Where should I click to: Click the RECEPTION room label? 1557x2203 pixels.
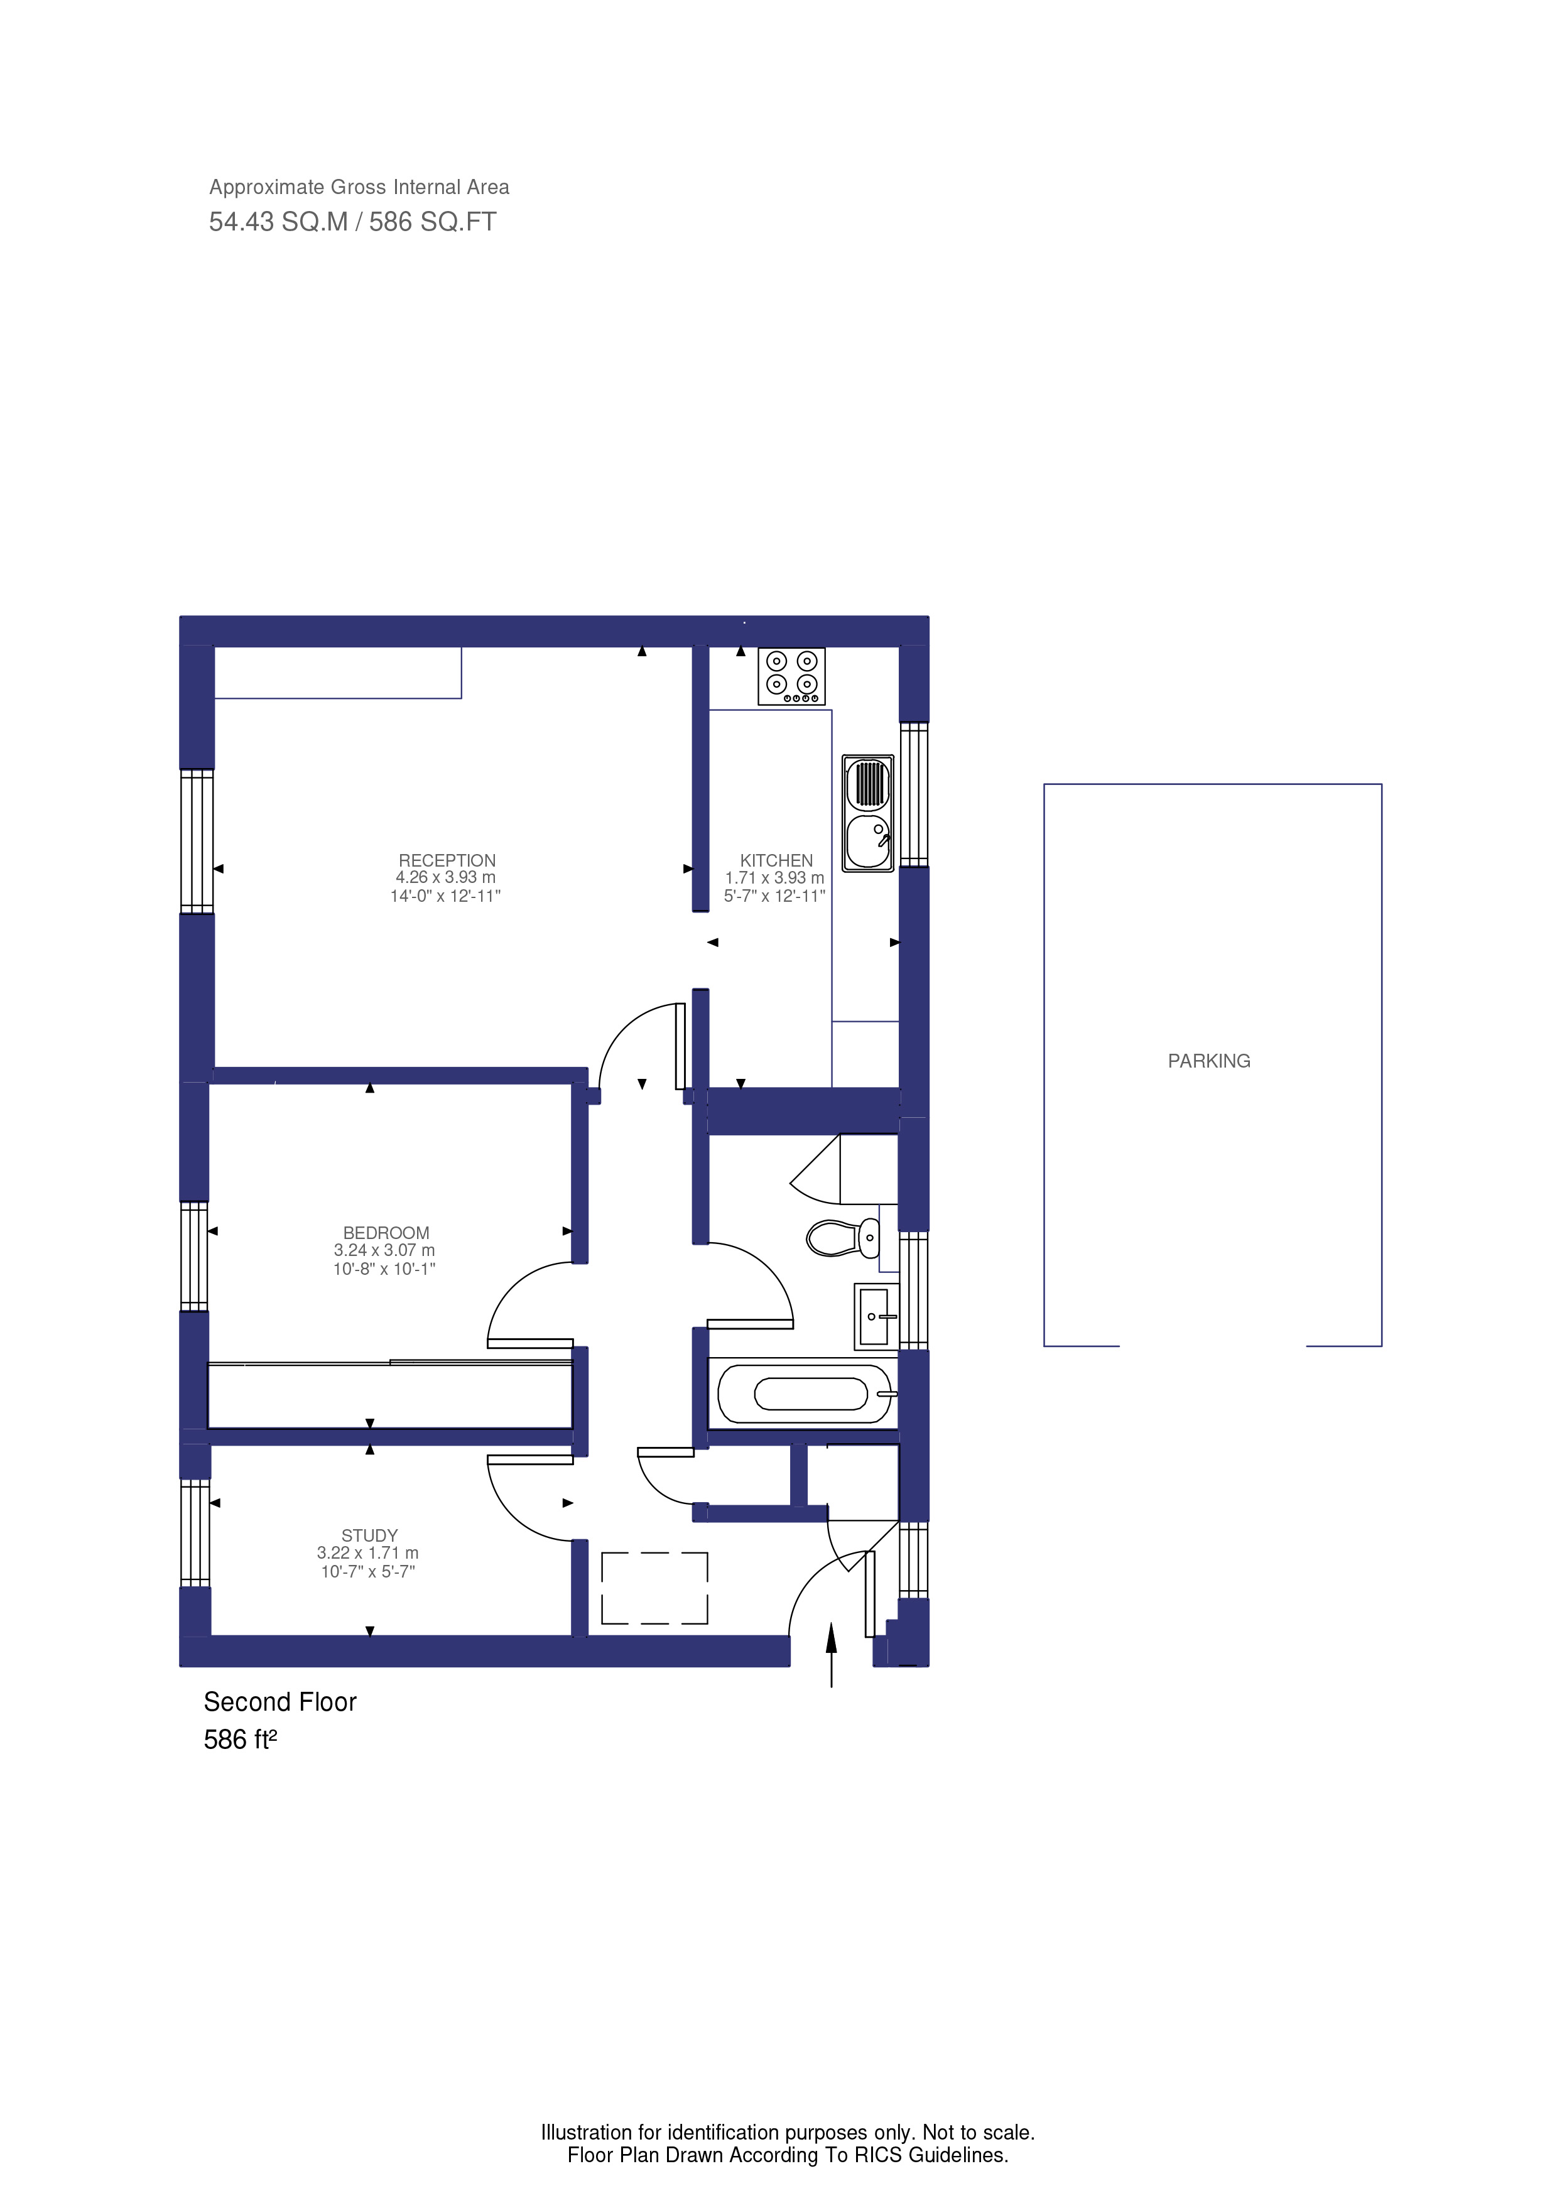tap(447, 861)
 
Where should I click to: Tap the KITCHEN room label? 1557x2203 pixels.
tap(776, 861)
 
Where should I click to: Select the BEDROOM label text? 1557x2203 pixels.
tap(386, 1233)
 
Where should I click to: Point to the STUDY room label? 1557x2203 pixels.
tap(369, 1535)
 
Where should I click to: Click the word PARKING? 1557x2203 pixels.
tap(1209, 1061)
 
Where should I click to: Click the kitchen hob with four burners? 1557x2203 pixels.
tap(791, 676)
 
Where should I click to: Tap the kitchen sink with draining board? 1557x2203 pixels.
tap(868, 813)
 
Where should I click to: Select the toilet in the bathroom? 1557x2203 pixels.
tap(842, 1238)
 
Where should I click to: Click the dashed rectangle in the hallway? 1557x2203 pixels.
tap(654, 1588)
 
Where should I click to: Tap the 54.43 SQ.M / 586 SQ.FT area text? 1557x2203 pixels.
tap(353, 222)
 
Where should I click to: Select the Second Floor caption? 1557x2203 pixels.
tap(280, 1702)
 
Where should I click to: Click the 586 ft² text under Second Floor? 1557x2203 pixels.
tap(240, 1740)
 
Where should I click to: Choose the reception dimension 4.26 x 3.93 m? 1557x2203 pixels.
tap(445, 877)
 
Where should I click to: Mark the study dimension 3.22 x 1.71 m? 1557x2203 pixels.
tap(367, 1552)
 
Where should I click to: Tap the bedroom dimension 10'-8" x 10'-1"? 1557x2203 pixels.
tap(384, 1269)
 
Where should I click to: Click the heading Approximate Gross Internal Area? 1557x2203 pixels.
tap(359, 187)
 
